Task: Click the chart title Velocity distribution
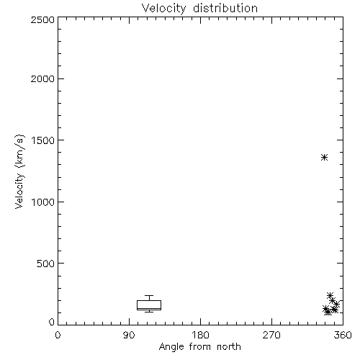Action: coord(199,9)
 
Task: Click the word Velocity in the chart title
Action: coord(163,9)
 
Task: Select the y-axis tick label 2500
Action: coord(42,19)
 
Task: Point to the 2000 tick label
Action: coord(42,78)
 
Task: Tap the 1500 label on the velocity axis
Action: coord(43,140)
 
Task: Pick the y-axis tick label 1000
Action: coord(43,202)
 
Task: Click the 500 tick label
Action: coord(46,264)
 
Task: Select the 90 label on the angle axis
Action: coord(129,335)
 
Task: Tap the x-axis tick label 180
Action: coord(200,335)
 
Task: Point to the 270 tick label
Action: coord(271,335)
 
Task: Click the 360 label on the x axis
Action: coord(343,335)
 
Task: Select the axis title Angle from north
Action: coord(199,347)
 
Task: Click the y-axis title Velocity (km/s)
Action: coord(19,171)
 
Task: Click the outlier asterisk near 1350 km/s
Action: coord(325,158)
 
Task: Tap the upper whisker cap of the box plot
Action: coord(149,295)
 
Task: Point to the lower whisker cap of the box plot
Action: coord(149,312)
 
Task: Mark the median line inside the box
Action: coord(149,309)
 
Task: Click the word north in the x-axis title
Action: coord(229,347)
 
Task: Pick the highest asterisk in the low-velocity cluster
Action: coord(330,295)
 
